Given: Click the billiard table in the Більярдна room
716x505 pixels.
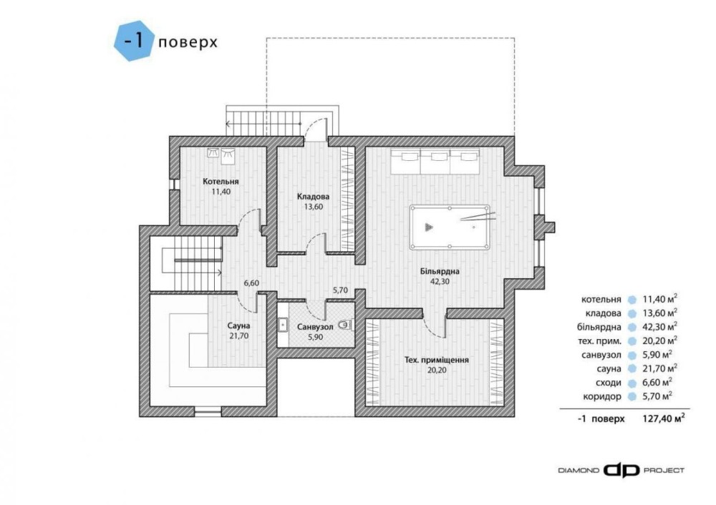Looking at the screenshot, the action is [x=450, y=227].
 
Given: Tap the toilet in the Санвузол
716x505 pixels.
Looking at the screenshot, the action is [x=345, y=325].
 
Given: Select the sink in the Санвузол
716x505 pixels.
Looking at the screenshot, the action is [x=282, y=325].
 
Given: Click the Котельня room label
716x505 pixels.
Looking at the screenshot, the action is [x=221, y=182].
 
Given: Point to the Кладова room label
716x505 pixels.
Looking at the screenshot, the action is [x=314, y=197].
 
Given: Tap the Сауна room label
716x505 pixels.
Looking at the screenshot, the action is [x=239, y=325].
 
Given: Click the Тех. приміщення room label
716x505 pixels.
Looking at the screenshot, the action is [x=437, y=360].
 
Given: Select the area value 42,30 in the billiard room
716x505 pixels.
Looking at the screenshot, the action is [x=440, y=281].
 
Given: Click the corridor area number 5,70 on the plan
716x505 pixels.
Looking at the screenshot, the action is [x=340, y=289].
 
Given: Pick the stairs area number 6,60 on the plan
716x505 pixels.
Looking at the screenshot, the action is [x=251, y=283].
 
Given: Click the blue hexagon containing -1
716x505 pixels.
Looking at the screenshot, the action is [x=135, y=41].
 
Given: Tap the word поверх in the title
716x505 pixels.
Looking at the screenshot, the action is [x=188, y=42].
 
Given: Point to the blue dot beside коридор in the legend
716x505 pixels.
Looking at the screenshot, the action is [x=632, y=396].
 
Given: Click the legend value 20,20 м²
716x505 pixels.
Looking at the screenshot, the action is [x=659, y=340].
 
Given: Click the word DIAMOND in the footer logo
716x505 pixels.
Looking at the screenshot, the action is [x=579, y=471].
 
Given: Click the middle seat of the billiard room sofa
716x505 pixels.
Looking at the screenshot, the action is [x=435, y=161].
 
